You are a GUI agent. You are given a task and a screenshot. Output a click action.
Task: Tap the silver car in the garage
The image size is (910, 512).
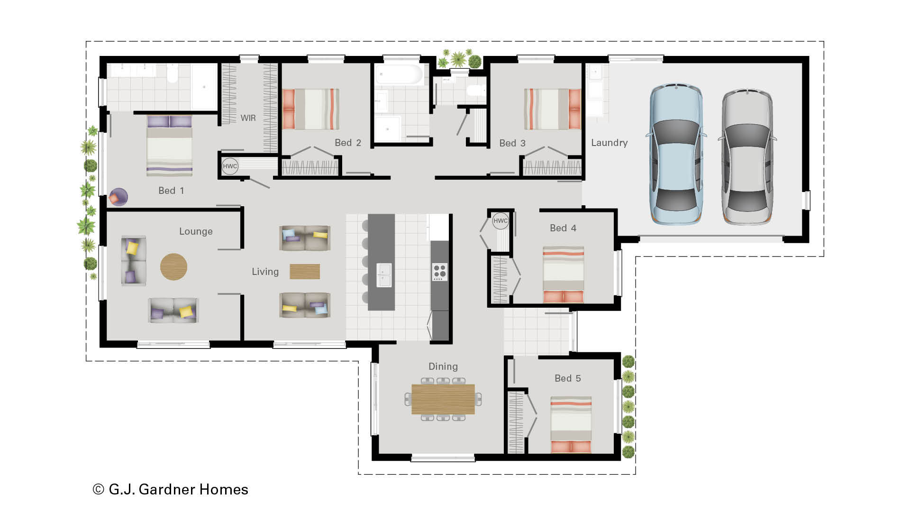tap(747, 156)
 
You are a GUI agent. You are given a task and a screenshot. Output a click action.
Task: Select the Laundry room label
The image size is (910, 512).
tap(609, 143)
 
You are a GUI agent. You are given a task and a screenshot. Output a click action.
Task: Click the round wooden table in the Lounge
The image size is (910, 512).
tap(173, 266)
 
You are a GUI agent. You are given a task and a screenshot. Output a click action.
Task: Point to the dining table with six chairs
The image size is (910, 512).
tap(443, 399)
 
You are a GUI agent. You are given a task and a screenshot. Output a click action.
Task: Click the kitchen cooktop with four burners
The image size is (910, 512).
tap(439, 272)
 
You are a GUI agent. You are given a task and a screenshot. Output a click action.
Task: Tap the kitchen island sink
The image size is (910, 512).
tap(384, 275)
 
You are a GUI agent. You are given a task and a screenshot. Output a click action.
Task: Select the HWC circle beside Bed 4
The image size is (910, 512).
tap(500, 220)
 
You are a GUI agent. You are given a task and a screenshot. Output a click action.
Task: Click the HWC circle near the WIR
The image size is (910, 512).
tap(230, 166)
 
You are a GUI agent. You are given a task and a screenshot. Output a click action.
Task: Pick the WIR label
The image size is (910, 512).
tap(248, 118)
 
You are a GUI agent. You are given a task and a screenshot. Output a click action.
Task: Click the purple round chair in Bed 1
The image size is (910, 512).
tap(118, 197)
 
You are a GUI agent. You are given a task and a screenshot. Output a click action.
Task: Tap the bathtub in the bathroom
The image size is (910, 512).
tap(399, 74)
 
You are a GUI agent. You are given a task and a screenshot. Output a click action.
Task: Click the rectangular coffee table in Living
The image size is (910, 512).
tap(305, 272)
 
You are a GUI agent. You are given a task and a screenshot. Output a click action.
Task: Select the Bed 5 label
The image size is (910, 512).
tap(567, 378)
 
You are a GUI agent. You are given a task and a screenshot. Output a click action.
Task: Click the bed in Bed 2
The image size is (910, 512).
tap(310, 109)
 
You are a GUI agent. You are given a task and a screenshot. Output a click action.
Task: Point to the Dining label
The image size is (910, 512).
tap(443, 366)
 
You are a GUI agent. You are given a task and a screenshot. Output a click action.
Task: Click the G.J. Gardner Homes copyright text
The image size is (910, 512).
tap(171, 489)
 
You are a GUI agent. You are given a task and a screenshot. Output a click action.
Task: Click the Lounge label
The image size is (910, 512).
tap(196, 231)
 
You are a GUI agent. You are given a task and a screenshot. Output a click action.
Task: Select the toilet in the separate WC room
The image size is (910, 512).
tap(475, 90)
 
